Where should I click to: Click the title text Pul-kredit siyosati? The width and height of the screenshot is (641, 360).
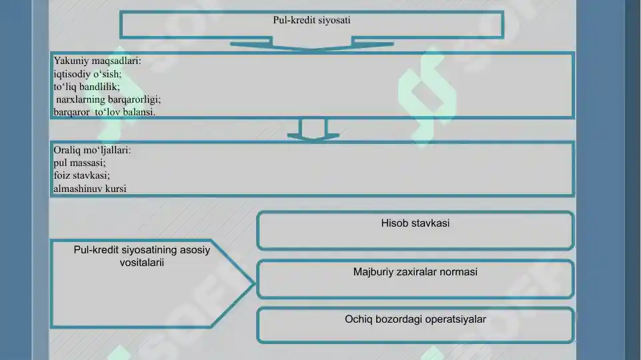coord(311,20)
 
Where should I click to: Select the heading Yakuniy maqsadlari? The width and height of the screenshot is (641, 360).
coord(97,61)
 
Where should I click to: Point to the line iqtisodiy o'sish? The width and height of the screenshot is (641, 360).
coord(87,74)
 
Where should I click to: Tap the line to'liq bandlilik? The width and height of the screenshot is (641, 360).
coord(87,87)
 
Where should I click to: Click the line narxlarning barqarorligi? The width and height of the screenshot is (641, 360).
coord(108,99)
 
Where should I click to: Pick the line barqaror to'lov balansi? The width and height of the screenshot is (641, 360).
coord(104,111)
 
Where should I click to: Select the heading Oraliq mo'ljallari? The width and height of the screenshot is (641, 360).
coord(92,150)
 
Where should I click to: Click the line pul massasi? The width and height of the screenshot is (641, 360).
coord(79,163)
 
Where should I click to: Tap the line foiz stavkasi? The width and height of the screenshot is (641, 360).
coord(81,175)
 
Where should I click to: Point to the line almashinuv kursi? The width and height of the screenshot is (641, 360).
coord(90,189)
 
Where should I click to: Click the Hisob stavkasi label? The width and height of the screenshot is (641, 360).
coord(416,223)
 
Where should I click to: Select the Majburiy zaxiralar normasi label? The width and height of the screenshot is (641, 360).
coord(416,272)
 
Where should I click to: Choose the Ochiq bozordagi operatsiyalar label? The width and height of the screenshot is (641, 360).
coord(416,319)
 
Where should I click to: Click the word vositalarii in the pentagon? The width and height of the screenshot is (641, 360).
coord(142,263)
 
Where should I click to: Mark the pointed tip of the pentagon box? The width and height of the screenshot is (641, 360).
coord(255,283)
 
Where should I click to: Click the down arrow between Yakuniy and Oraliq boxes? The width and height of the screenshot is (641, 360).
coord(313,130)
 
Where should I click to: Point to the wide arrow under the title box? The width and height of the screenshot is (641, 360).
coord(311,44)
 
